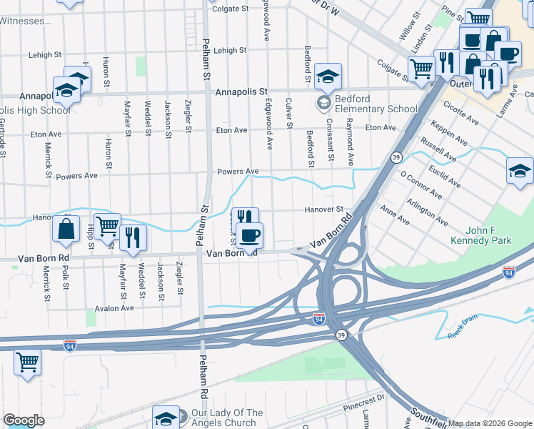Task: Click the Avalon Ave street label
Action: click(x=115, y=308)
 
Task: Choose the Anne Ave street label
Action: click(x=395, y=216)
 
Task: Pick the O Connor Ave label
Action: click(x=421, y=185)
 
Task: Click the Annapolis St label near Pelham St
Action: click(x=241, y=92)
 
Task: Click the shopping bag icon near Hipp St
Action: click(x=66, y=229)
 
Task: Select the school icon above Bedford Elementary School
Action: click(x=328, y=76)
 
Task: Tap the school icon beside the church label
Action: click(x=166, y=418)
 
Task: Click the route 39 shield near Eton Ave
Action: click(x=397, y=157)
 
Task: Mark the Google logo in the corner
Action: click(x=24, y=420)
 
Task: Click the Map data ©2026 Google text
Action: click(x=490, y=423)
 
